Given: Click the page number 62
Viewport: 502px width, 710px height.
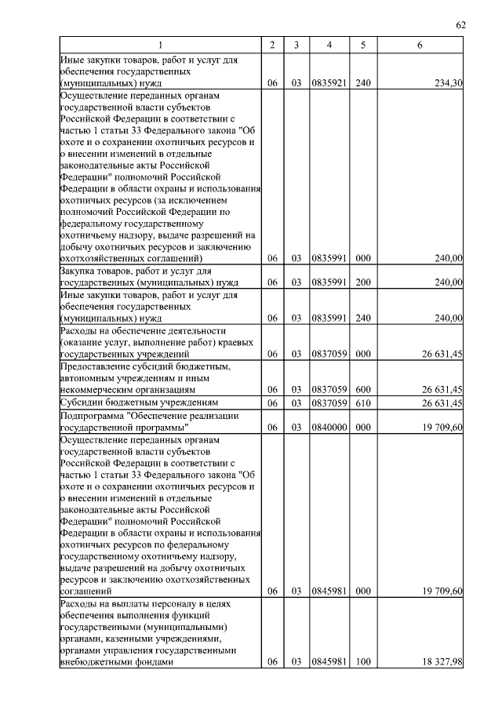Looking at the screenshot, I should click(461, 25).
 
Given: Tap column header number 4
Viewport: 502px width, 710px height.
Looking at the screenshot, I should click(329, 46).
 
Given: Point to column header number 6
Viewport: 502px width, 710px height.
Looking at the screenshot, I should click(420, 46).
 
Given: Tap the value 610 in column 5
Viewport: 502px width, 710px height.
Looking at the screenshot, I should click(362, 403).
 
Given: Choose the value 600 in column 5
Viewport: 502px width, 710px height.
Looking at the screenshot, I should click(362, 389).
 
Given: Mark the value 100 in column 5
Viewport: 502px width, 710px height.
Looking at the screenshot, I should click(362, 662).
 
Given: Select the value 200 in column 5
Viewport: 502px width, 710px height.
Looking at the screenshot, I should click(362, 282).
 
